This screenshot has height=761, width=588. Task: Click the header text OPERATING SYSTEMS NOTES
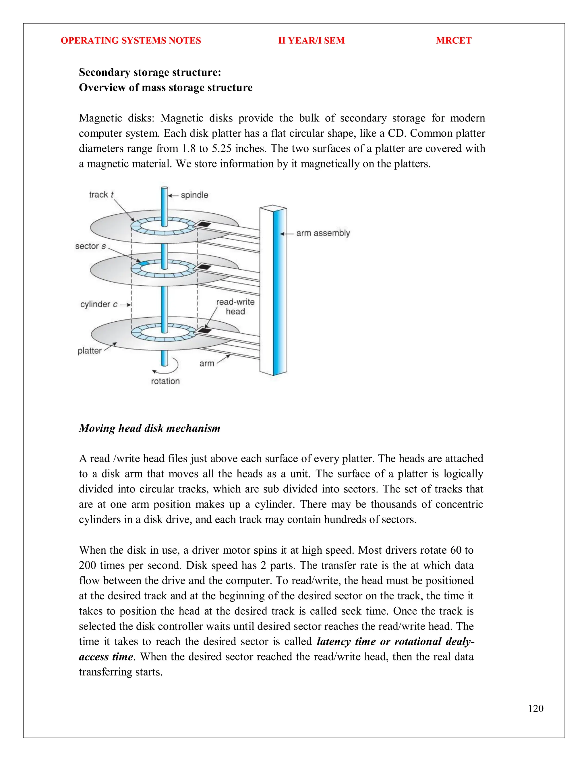coord(131,40)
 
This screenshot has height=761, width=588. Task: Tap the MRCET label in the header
coord(454,40)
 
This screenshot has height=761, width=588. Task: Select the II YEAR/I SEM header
coord(311,40)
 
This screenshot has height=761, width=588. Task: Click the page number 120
coord(535,708)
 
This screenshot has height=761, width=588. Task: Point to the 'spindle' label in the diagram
coord(194,195)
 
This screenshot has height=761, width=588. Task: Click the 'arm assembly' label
coord(323,233)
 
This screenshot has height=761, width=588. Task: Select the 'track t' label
coord(101,195)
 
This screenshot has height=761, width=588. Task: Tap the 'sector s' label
coord(90,246)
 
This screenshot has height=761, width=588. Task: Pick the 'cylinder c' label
coord(99,304)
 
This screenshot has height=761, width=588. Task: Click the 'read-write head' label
coord(235,307)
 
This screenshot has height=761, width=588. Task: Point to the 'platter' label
coord(90,351)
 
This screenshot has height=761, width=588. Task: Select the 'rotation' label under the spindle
coord(165,381)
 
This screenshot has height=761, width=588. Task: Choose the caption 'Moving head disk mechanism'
coord(149,428)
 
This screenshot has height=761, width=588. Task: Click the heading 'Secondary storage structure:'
coord(150,72)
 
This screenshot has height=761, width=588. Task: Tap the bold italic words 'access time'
coord(106,657)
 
